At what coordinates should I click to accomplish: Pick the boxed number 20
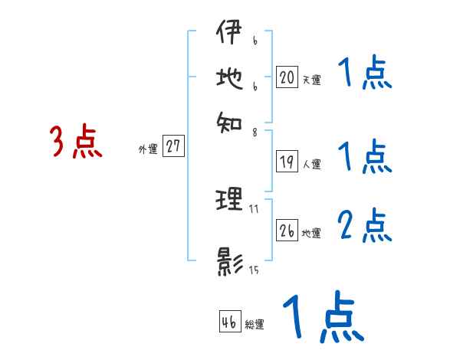click(287, 77)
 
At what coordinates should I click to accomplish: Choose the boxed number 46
click(229, 322)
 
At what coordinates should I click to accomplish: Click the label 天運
click(310, 80)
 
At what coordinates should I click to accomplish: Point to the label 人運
click(311, 164)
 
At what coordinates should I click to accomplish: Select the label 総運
click(254, 324)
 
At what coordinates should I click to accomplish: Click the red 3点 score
click(76, 142)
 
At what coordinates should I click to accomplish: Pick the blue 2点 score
click(364, 225)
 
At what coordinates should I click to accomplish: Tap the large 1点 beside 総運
click(321, 318)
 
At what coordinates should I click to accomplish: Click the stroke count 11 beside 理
click(254, 208)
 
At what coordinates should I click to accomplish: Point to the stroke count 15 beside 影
click(254, 269)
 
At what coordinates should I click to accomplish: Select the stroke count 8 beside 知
click(254, 131)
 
